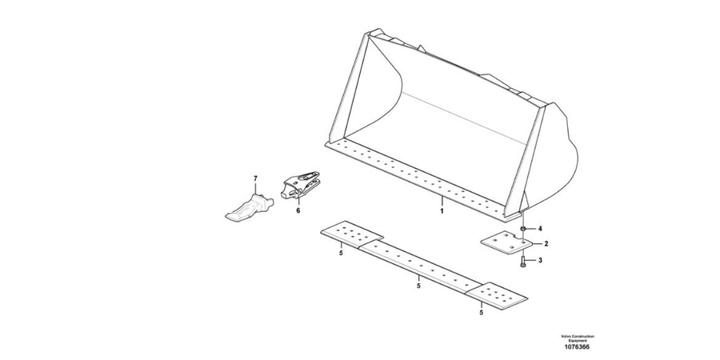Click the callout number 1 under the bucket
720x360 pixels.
(x=442, y=210)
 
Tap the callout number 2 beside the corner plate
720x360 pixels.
(x=546, y=244)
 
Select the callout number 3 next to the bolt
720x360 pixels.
(x=540, y=260)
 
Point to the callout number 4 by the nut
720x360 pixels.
(x=540, y=228)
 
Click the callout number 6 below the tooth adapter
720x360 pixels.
(x=298, y=210)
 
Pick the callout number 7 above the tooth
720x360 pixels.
(x=256, y=178)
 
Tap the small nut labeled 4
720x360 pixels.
(x=523, y=229)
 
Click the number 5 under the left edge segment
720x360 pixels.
(x=341, y=253)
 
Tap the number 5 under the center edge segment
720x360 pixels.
(x=418, y=286)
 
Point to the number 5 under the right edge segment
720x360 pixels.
(x=482, y=313)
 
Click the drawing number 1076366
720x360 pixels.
(x=577, y=346)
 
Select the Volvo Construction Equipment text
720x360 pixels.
(x=577, y=338)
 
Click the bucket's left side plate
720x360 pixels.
(x=350, y=87)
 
